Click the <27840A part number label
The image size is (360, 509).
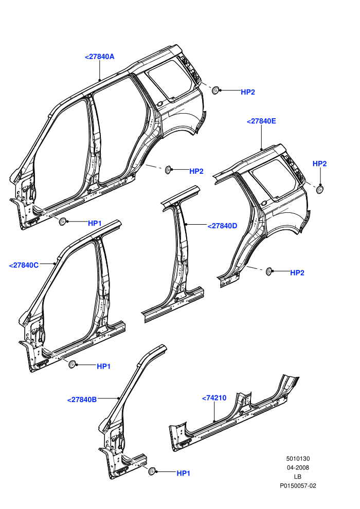pyautogui.click(x=100, y=57)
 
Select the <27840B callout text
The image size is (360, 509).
pyautogui.click(x=82, y=399)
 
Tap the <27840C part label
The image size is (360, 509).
pyautogui.click(x=24, y=265)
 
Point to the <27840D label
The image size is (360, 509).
pyautogui.click(x=222, y=226)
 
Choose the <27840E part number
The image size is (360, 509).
pyautogui.click(x=261, y=121)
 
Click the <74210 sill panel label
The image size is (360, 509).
pyautogui.click(x=214, y=397)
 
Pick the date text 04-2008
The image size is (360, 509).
pyautogui.click(x=298, y=468)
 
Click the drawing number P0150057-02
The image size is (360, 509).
pyautogui.click(x=298, y=486)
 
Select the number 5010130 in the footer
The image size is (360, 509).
pyautogui.click(x=298, y=459)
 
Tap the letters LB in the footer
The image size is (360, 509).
pyautogui.click(x=298, y=477)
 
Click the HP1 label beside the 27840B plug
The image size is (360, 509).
pyautogui.click(x=184, y=474)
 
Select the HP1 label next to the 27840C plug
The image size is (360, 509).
pyautogui.click(x=104, y=367)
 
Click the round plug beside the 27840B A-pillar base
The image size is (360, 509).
pyautogui.click(x=152, y=471)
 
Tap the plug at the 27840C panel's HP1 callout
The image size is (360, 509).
pyautogui.click(x=71, y=364)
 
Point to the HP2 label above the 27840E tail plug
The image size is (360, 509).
pyautogui.click(x=320, y=164)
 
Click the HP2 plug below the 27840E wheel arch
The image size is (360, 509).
pyautogui.click(x=268, y=271)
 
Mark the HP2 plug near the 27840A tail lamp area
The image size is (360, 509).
pyautogui.click(x=215, y=90)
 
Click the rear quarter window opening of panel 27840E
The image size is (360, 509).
pyautogui.click(x=274, y=178)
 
